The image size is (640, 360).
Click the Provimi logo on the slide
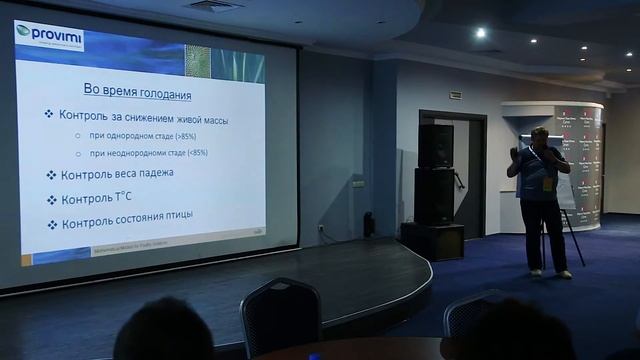click(50, 36)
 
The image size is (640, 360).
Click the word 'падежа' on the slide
click(150, 174)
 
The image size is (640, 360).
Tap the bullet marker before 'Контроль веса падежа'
click(50, 175)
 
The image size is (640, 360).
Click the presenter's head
click(537, 137)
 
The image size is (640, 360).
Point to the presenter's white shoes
click(550, 272)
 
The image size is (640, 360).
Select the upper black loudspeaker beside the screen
click(435, 146)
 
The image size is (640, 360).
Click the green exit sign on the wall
click(453, 95)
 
